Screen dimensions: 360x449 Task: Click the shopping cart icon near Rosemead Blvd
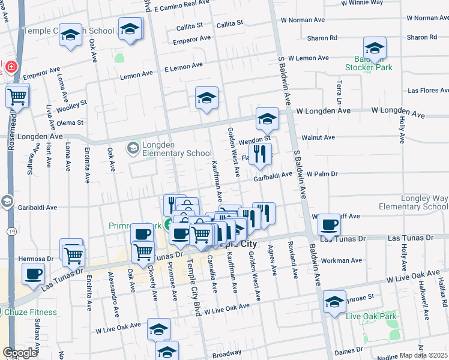pos(17,96)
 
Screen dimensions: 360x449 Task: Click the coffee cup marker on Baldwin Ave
pos(329,226)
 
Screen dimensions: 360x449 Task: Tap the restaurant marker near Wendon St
pos(260,154)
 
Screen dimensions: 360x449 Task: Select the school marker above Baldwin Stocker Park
pos(375,49)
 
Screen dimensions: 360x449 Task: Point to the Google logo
pos(20,353)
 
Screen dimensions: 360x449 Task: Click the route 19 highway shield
pos(11,230)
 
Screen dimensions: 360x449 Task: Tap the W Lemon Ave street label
pos(309,58)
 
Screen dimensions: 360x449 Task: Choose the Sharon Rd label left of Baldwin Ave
pos(322,38)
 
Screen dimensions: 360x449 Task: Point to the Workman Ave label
pos(342,261)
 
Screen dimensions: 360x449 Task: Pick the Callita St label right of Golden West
pos(229,23)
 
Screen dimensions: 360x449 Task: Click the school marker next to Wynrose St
pos(334,302)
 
